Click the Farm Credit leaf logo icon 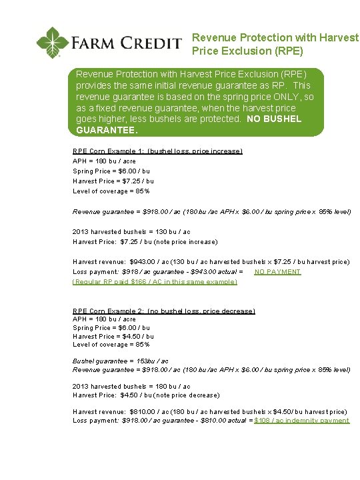point(52,42)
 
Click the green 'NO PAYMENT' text point(277,272)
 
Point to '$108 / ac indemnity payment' point(302,421)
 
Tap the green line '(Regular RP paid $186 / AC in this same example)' point(155,282)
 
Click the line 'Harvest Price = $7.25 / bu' point(113,181)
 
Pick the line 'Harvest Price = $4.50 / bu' point(113,337)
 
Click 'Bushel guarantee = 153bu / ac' point(121,361)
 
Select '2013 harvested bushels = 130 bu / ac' point(131,232)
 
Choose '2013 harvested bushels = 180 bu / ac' point(131,387)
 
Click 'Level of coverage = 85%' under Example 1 point(111,191)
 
